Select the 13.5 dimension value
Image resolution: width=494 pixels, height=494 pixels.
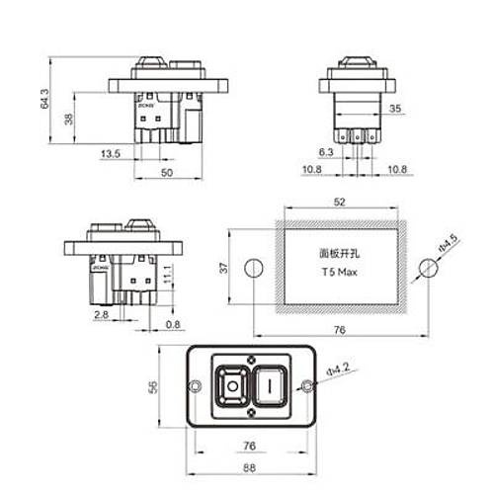[x=111, y=154]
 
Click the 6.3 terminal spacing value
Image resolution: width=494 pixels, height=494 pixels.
[x=327, y=151]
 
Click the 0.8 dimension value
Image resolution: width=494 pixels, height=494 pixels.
[x=173, y=325]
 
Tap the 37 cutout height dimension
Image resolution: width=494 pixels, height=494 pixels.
[x=224, y=267]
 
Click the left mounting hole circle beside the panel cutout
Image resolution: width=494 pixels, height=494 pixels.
[x=251, y=267]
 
